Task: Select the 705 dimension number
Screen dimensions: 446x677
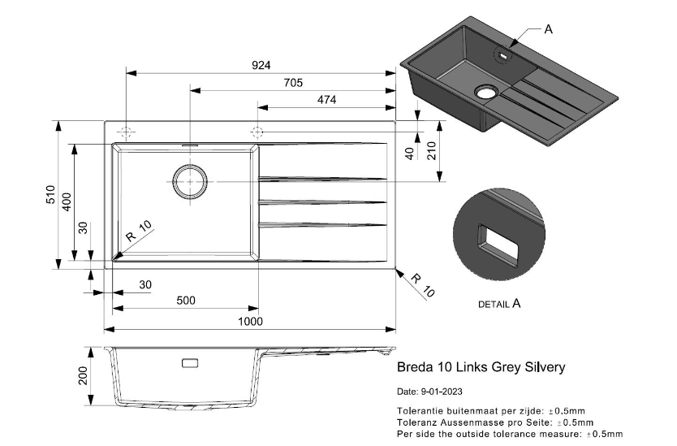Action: pyautogui.click(x=293, y=82)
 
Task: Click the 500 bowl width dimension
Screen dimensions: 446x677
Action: pyautogui.click(x=186, y=301)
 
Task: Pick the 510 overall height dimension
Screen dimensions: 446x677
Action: pyautogui.click(x=50, y=195)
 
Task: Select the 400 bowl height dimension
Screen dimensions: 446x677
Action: pyautogui.click(x=68, y=204)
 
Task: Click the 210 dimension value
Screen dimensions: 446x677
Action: pyautogui.click(x=432, y=151)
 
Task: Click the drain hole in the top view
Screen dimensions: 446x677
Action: pyautogui.click(x=190, y=181)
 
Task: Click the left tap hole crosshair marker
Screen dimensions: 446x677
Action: pyautogui.click(x=126, y=132)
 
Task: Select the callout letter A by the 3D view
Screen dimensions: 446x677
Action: pyautogui.click(x=548, y=29)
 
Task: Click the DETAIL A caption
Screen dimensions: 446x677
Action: pyautogui.click(x=499, y=304)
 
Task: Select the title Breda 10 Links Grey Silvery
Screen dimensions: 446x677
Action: pyautogui.click(x=481, y=367)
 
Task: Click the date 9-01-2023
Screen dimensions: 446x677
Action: pyautogui.click(x=430, y=392)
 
